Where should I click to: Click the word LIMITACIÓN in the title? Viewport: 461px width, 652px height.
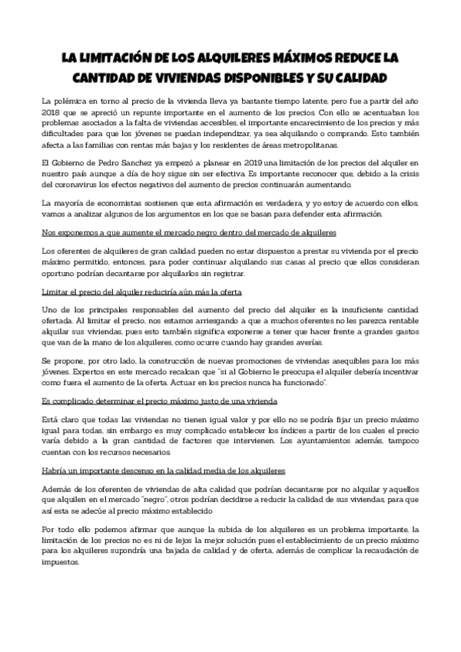pos(114,59)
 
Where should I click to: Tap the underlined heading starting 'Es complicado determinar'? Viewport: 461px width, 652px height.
pos(158,402)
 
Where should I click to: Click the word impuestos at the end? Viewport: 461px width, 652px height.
pos(61,561)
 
